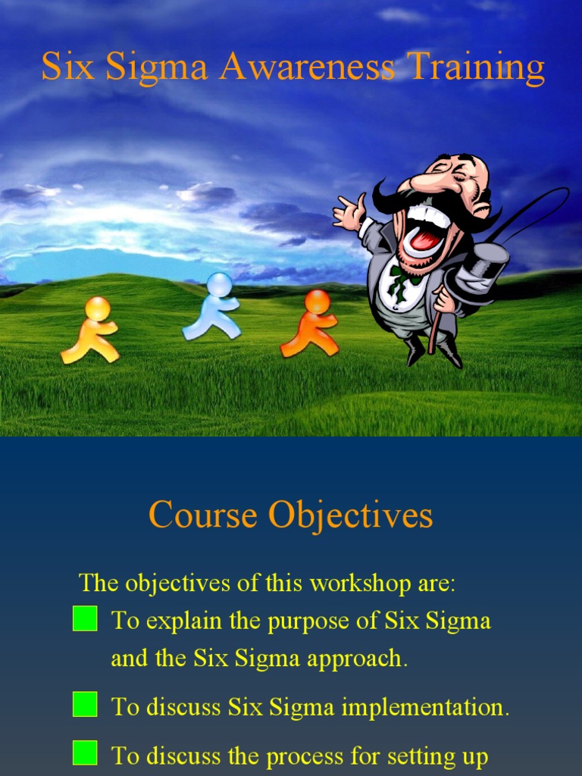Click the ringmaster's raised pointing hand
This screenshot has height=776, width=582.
[349, 211]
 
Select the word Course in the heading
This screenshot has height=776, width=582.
[202, 516]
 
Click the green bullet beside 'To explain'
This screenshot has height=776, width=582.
[85, 618]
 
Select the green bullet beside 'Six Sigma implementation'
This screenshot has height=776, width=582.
[85, 705]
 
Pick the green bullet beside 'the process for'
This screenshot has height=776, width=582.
[85, 753]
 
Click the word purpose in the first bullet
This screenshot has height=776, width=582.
[308, 621]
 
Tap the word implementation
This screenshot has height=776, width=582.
[424, 708]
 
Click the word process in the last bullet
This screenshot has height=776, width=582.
[305, 756]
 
